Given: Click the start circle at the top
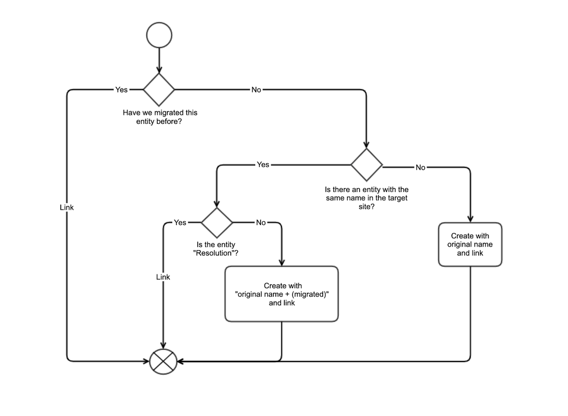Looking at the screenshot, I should point(159,35).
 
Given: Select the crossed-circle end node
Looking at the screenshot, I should point(164,361).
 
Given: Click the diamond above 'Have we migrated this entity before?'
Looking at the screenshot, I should point(159,89).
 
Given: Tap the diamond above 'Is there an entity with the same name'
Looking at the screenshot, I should point(367,165).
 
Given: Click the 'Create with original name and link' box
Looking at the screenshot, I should point(470,244).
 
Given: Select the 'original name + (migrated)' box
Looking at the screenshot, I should point(282,294).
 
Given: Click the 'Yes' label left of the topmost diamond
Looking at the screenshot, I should point(122,90).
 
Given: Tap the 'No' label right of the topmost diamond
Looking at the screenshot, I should point(256,90).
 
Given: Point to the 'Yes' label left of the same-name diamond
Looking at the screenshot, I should point(263,165).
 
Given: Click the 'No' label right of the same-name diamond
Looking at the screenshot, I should point(420,168).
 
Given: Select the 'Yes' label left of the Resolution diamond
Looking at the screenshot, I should point(180,223).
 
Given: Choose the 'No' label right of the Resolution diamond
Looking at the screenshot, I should point(260,223).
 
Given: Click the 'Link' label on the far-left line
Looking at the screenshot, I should point(67,207).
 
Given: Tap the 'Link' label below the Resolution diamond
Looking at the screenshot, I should point(163,277).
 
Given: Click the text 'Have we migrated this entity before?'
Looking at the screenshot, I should point(160,117).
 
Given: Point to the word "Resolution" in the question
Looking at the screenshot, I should point(213,252).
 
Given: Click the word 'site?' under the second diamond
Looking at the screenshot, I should point(367,207).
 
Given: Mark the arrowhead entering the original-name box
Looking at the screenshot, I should point(470,219).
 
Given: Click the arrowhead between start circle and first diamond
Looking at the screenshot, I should point(159,69).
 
